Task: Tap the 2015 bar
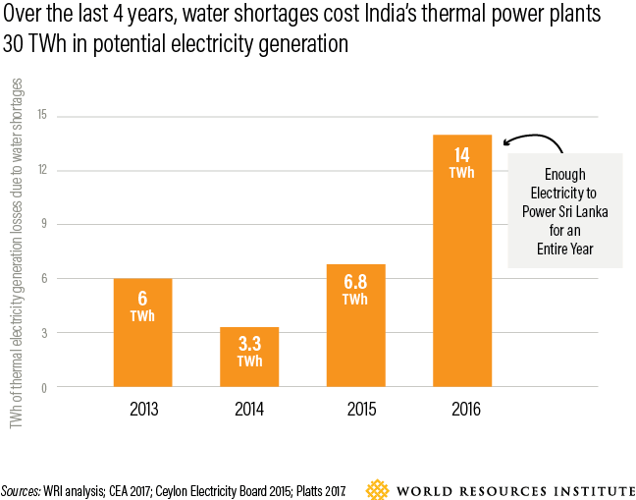(355, 325)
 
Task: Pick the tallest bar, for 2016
(462, 260)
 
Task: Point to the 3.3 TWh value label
(249, 352)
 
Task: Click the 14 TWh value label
(462, 162)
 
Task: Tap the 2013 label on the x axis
(142, 409)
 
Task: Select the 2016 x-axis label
(462, 409)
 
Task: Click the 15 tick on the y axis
(41, 117)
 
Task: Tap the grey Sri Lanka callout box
(564, 209)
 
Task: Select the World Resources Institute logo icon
(377, 488)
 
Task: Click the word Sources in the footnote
(21, 488)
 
